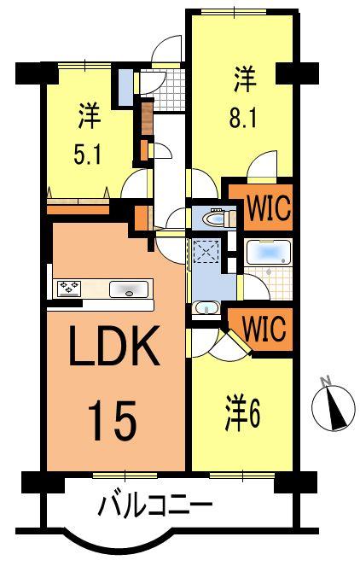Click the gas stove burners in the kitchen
(69, 289)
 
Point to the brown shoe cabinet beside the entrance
(147, 120)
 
